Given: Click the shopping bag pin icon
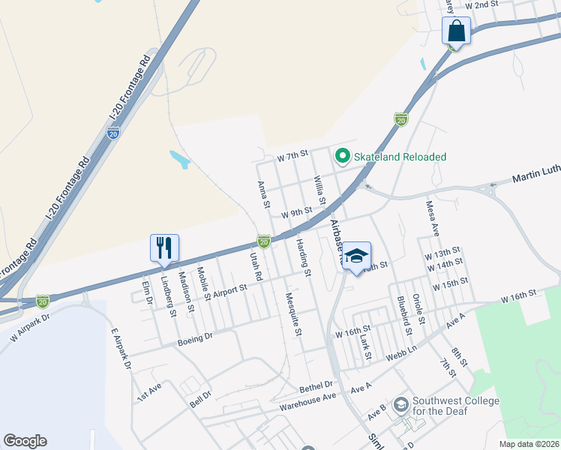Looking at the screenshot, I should coord(456,32).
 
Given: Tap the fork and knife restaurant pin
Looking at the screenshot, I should coord(164,247).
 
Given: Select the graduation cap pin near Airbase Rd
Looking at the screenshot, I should coord(357,256).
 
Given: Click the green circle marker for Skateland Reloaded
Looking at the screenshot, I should coord(343,156).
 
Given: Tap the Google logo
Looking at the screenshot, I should coord(25,441).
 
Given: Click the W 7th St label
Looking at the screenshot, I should coord(292,156).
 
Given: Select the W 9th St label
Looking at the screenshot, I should coord(296,214).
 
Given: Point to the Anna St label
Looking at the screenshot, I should coord(262,193).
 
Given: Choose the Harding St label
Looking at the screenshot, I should coord(303,256).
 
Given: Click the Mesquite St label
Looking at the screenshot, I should coord(293,313).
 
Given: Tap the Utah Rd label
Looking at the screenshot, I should coord(256,265).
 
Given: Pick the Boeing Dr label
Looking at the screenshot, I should coord(195,340).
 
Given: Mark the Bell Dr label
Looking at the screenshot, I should coord(200,398).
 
